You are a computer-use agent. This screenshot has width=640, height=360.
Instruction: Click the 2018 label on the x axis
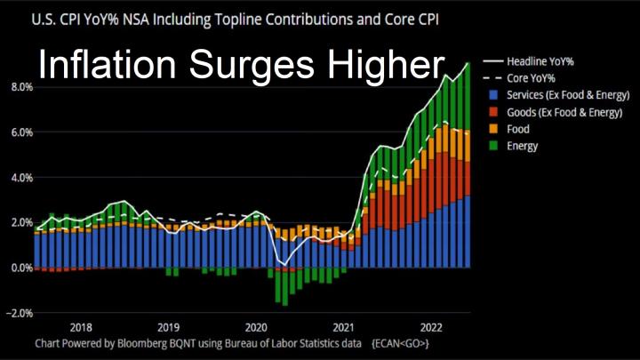(81, 326)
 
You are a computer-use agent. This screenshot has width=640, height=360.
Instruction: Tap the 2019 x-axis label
(169, 326)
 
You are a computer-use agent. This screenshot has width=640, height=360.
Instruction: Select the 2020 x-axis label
(256, 326)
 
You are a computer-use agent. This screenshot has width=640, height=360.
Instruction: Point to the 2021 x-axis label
(344, 326)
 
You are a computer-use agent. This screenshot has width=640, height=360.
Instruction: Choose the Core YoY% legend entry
(532, 78)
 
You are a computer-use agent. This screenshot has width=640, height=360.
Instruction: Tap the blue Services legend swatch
(491, 95)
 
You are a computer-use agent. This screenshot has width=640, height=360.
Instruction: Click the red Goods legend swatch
(491, 112)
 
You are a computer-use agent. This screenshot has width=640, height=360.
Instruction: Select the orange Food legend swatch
(491, 129)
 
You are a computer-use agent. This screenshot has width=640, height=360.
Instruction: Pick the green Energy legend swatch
(491, 146)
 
